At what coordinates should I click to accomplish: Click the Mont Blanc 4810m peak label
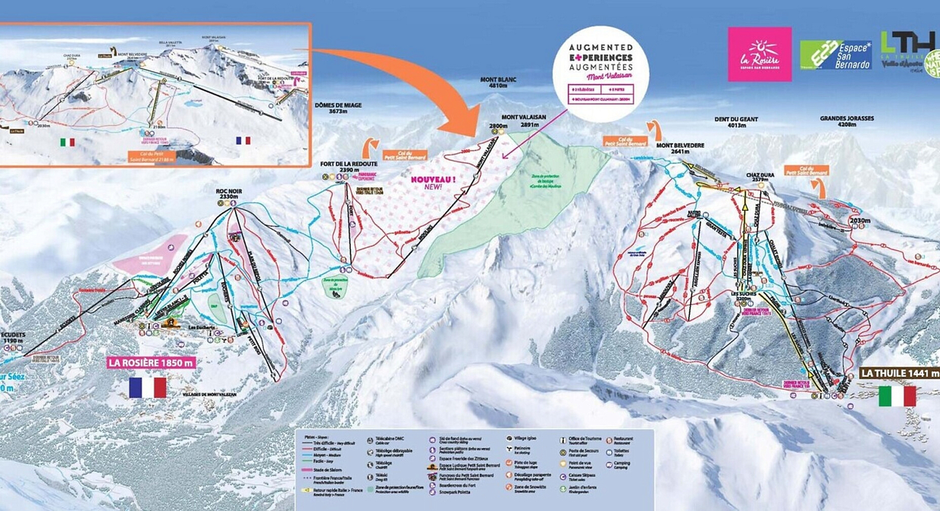(498, 83)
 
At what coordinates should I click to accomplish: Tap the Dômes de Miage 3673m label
(338, 108)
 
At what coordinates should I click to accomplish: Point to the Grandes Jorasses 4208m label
(847, 121)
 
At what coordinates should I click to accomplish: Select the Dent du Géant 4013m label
(736, 122)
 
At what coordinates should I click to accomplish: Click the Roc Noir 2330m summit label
(229, 194)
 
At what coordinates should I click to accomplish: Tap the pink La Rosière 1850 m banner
(151, 362)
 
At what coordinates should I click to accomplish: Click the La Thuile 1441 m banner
(899, 373)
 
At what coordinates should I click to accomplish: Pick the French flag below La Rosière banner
(147, 387)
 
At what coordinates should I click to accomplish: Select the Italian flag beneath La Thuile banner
(897, 396)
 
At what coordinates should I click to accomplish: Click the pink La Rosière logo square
(760, 54)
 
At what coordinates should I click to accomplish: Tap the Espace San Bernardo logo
(836, 55)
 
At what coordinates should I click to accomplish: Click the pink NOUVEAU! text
(433, 182)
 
